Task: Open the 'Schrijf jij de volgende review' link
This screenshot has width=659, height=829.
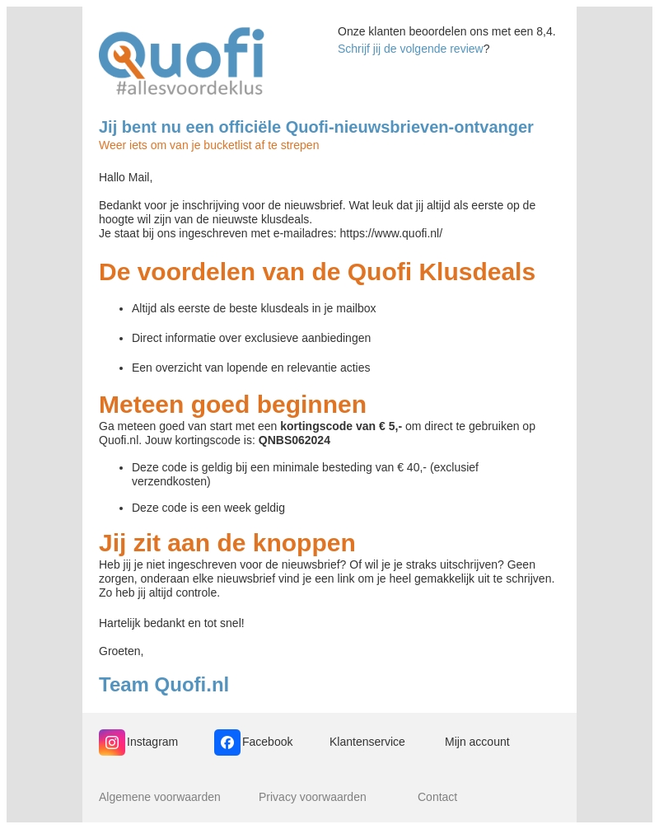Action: (410, 49)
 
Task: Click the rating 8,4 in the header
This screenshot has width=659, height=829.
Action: (544, 31)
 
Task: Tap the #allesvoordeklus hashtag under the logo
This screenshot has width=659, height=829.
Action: (189, 87)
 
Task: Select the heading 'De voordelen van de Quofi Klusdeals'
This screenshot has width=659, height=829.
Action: (317, 272)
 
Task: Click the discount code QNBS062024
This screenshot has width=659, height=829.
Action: (294, 440)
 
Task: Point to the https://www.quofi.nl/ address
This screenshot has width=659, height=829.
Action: (390, 233)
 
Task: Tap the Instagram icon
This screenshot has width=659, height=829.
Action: (112, 742)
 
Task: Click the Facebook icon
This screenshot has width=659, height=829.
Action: (227, 742)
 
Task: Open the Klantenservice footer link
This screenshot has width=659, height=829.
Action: (367, 742)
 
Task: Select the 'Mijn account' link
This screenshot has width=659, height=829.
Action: (477, 742)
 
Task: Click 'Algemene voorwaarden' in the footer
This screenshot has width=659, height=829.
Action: (160, 797)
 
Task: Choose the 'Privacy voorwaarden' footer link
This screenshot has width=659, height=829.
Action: (312, 797)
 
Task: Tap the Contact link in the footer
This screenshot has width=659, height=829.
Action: (437, 797)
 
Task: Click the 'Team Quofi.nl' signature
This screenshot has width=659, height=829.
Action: (164, 685)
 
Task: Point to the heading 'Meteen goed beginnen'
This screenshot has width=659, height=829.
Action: (232, 405)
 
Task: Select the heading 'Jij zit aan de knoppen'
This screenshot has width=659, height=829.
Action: (227, 543)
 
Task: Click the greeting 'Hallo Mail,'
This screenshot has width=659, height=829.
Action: (125, 177)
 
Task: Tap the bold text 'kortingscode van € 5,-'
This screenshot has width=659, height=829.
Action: (341, 426)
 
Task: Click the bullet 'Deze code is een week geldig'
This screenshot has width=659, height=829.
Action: (208, 508)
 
